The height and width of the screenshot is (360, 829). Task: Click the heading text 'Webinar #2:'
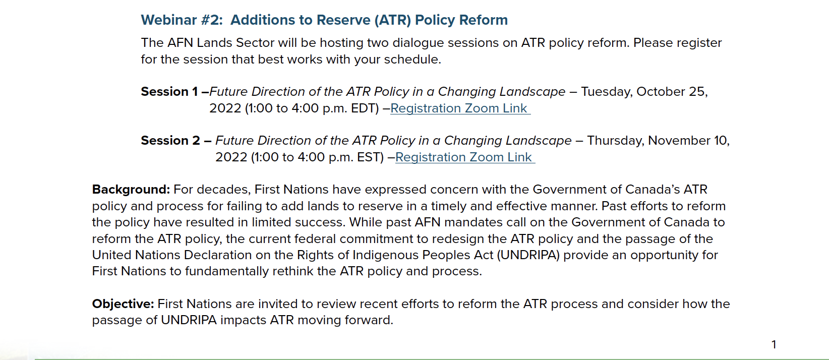tap(182, 20)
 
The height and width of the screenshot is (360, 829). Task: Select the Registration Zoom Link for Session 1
tap(460, 108)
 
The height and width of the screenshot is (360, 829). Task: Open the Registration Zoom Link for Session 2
tap(465, 157)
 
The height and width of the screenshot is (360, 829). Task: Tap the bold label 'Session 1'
tap(169, 91)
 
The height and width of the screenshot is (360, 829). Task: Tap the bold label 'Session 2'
tap(170, 140)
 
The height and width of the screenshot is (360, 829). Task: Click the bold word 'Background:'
tap(131, 190)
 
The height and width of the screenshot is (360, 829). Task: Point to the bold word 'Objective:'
tap(123, 304)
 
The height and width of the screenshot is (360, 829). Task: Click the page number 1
tap(774, 344)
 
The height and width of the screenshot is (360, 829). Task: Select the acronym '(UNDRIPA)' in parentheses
tap(528, 255)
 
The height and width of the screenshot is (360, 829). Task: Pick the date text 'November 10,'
tap(689, 140)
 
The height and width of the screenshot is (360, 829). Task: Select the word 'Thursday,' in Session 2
tap(616, 140)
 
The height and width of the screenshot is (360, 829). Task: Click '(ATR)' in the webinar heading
tap(393, 20)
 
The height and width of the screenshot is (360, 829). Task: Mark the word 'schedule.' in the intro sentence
tap(412, 59)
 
